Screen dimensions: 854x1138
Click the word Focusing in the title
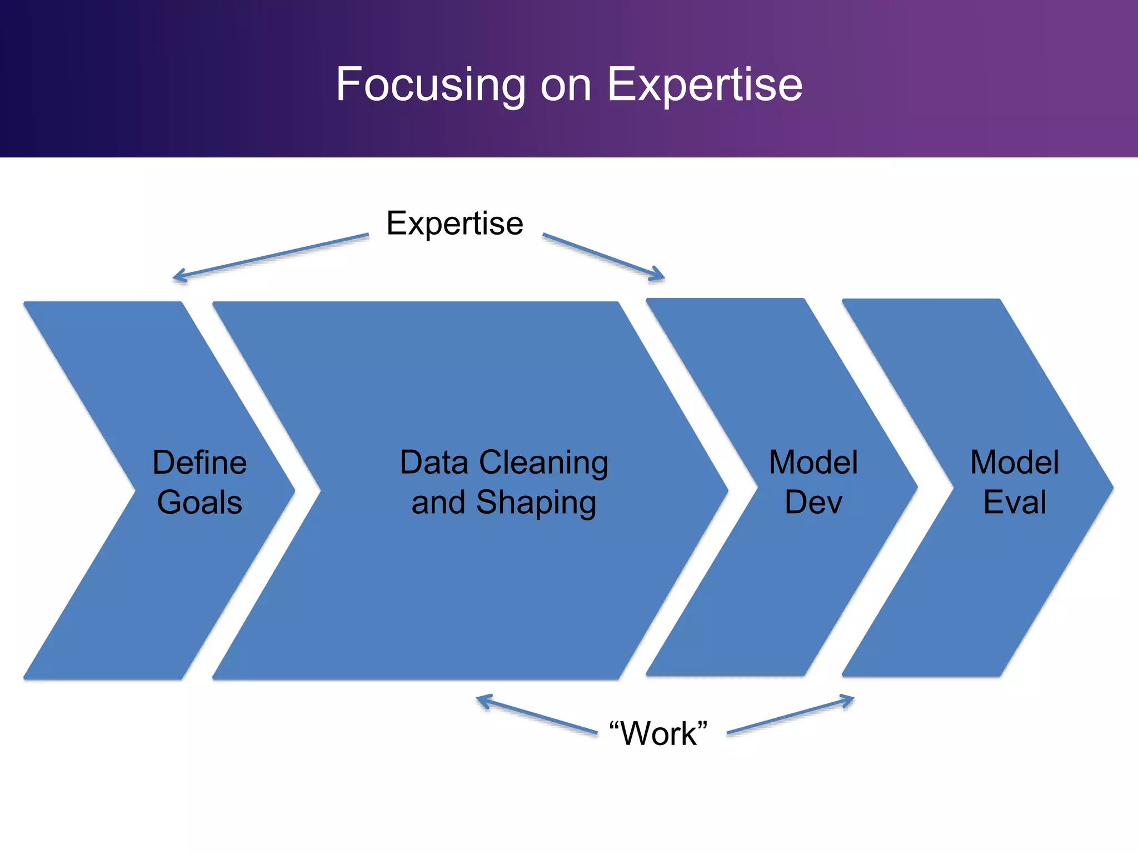coord(431,85)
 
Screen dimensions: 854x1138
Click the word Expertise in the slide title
coord(705,85)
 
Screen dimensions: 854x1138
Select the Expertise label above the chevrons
coord(455,224)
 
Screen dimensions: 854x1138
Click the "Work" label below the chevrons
coord(658,733)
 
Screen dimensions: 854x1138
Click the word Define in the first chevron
coord(199,463)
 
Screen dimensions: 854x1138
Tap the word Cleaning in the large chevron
coord(543,463)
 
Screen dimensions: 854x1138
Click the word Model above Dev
coord(813,463)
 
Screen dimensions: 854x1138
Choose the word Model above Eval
coord(1015,463)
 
